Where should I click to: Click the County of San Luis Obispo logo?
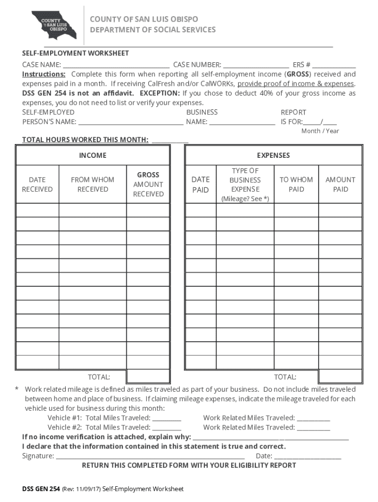coord(54,25)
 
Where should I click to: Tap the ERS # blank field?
coord(334,65)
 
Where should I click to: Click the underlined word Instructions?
coord(44,74)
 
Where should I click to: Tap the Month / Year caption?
coord(320,131)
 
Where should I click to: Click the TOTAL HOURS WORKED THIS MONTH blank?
coord(170,140)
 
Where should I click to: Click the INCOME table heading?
coord(93,155)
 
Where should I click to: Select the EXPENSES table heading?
coord(273,155)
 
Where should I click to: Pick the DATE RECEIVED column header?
coord(37,184)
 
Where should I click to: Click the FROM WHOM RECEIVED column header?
coord(92,184)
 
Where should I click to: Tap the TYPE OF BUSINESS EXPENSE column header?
coord(245,184)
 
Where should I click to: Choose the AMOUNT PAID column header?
coord(340,184)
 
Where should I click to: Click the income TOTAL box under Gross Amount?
coord(148,376)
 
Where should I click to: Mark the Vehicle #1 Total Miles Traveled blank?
coord(166,418)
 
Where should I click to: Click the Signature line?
coord(150,456)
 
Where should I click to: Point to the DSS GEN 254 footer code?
coord(41,489)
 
